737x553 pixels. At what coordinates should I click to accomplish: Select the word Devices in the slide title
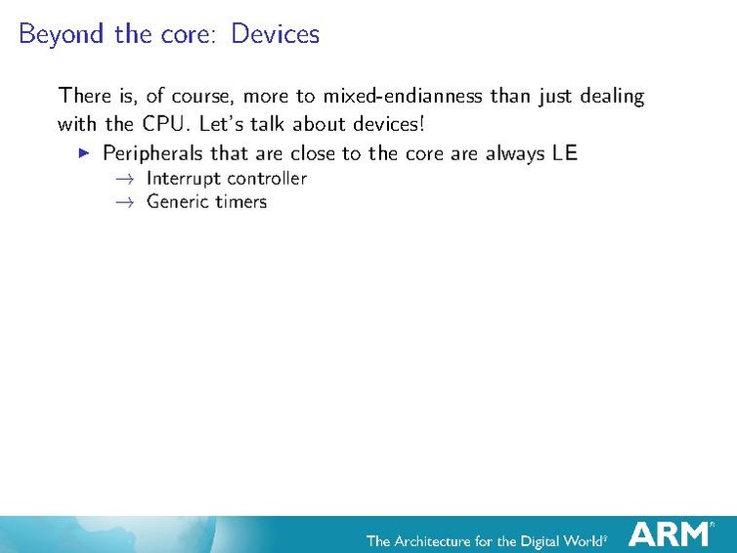(x=275, y=34)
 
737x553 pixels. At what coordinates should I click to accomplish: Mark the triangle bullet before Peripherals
(x=84, y=153)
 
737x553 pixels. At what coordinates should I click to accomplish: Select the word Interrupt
(x=184, y=178)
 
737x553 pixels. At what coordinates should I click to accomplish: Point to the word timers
(x=242, y=201)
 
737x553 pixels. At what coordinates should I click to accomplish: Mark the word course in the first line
(x=200, y=97)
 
